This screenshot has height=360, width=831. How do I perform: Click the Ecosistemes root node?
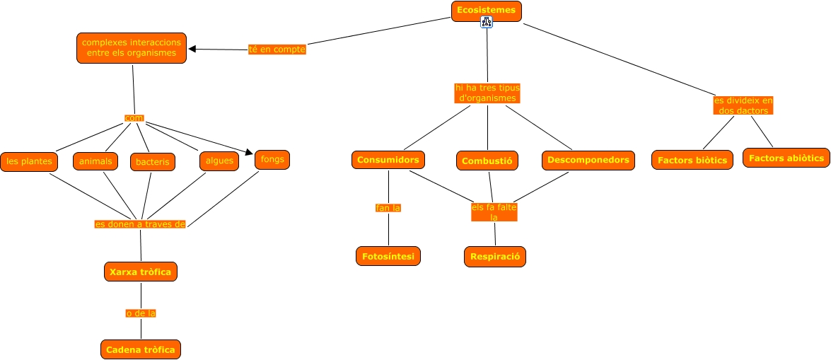pos(487,11)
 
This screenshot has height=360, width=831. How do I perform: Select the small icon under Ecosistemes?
pos(487,23)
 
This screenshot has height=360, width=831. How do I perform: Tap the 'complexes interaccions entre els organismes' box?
pos(132,48)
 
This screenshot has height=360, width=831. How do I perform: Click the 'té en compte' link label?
pos(277,50)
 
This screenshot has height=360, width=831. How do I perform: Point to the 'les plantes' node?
pos(29,161)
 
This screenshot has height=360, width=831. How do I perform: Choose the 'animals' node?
pos(95,161)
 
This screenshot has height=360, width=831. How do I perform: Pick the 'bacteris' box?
pos(153,162)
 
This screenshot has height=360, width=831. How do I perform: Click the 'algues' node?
pos(219,161)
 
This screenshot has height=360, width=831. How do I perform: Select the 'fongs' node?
pos(272,159)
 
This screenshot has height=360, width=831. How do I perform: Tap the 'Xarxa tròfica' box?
pos(140,271)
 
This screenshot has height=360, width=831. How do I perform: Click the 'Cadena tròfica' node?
pos(140,349)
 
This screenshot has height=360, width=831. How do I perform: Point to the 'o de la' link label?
pos(140,313)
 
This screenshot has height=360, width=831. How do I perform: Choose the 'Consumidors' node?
pos(388,160)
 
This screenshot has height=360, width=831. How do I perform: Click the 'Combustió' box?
pos(487,161)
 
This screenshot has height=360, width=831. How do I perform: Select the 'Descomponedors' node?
pos(588,161)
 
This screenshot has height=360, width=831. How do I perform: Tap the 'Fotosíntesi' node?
pos(388,255)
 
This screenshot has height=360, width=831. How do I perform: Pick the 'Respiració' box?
pos(495,256)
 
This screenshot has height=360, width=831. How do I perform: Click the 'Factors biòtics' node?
pos(692,160)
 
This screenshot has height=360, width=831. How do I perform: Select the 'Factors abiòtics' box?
pos(786,158)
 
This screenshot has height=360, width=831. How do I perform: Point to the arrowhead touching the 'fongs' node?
pos(249,152)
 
